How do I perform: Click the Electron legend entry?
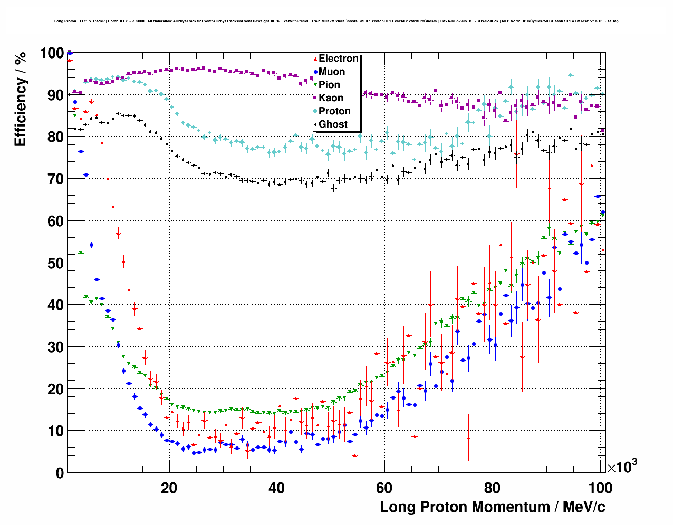tap(338, 59)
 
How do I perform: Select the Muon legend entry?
tap(332, 72)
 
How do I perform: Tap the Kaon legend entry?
tap(331, 98)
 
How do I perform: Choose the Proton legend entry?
tap(334, 111)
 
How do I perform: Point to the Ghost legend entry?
tap(333, 124)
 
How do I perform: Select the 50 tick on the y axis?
tap(55, 263)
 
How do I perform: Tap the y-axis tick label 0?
tap(60, 473)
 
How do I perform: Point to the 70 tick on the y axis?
tap(55, 179)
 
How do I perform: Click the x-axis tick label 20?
tap(169, 488)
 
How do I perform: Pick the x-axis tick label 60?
tap(384, 488)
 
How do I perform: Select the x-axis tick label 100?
tap(600, 488)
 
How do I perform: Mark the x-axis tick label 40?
tap(277, 488)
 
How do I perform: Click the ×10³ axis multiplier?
tap(622, 466)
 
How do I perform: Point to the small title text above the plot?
tap(336, 21)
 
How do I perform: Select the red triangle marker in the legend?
tap(315, 59)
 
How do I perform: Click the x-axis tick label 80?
tap(492, 488)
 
